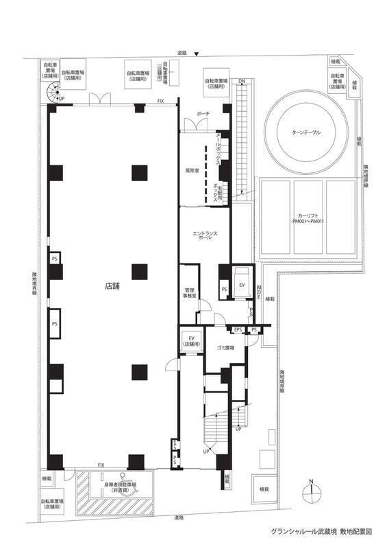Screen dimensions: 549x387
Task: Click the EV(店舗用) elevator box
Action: click(192, 341)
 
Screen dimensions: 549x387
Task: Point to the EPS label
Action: click(238, 330)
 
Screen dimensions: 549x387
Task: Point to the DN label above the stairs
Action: click(242, 82)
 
